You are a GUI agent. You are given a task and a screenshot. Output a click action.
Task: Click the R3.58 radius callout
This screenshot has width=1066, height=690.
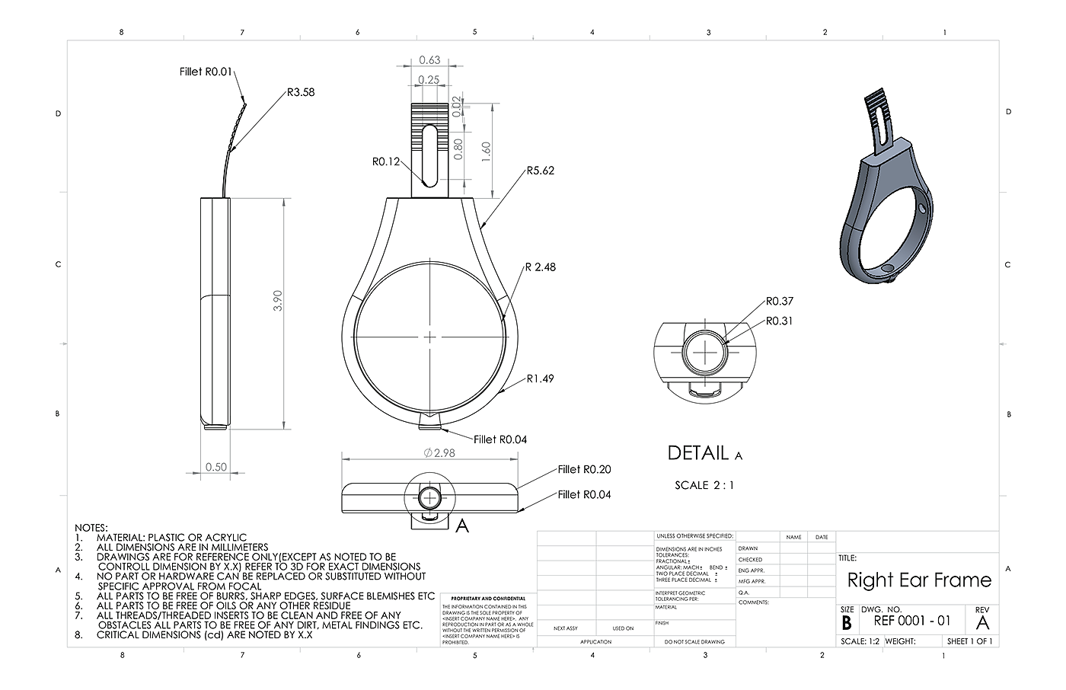pyautogui.click(x=301, y=93)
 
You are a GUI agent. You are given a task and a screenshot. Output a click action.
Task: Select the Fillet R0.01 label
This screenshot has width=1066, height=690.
pyautogui.click(x=203, y=72)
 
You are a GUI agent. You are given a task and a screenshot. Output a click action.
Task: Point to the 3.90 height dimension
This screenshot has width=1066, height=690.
pyautogui.click(x=278, y=300)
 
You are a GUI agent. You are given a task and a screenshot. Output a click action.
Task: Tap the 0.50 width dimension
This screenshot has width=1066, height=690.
pyautogui.click(x=216, y=467)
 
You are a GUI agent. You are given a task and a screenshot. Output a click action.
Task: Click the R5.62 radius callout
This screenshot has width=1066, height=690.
pyautogui.click(x=540, y=171)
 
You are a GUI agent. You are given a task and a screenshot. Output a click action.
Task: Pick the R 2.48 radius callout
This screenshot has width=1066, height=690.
pyautogui.click(x=540, y=267)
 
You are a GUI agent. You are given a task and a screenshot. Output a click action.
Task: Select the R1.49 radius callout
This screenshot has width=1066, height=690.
pyautogui.click(x=540, y=379)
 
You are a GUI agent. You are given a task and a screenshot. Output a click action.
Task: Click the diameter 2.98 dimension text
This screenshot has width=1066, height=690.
pyautogui.click(x=439, y=453)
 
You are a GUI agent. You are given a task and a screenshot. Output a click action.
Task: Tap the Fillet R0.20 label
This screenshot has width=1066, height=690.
pyautogui.click(x=584, y=470)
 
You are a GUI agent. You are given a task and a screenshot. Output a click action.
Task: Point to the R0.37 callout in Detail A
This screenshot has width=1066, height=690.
pyautogui.click(x=779, y=302)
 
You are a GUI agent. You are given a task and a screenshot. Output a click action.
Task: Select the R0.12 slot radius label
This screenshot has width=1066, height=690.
pyautogui.click(x=386, y=161)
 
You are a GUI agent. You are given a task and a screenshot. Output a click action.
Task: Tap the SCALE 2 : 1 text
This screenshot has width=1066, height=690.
pyautogui.click(x=704, y=485)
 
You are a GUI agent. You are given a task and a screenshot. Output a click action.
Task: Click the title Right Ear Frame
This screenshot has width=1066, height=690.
pyautogui.click(x=919, y=580)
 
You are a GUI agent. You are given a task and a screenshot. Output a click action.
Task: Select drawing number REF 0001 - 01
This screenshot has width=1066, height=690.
pyautogui.click(x=912, y=621)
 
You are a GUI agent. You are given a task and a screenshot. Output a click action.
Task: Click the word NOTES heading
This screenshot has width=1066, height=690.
pyautogui.click(x=91, y=528)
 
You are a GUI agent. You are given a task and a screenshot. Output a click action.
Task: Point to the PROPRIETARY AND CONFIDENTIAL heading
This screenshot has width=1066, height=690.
pyautogui.click(x=488, y=599)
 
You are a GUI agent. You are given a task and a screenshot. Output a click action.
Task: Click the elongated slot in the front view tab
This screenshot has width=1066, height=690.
pyautogui.click(x=429, y=156)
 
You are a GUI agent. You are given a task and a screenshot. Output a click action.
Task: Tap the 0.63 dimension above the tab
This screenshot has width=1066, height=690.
pyautogui.click(x=430, y=60)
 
